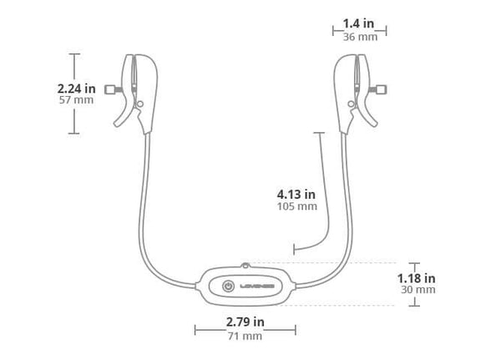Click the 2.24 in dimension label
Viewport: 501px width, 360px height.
(x=76, y=89)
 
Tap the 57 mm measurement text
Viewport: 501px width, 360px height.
(x=76, y=100)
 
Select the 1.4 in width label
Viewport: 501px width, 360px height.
(x=358, y=23)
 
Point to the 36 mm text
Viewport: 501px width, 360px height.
(x=360, y=37)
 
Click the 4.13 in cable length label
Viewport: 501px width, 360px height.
(x=296, y=195)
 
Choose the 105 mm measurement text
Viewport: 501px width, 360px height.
(x=297, y=206)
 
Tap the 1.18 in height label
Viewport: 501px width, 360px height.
(x=417, y=278)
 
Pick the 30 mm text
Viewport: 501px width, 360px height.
(x=418, y=290)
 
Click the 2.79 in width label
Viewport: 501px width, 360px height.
(x=245, y=322)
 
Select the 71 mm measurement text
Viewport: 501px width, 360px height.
(x=245, y=336)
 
